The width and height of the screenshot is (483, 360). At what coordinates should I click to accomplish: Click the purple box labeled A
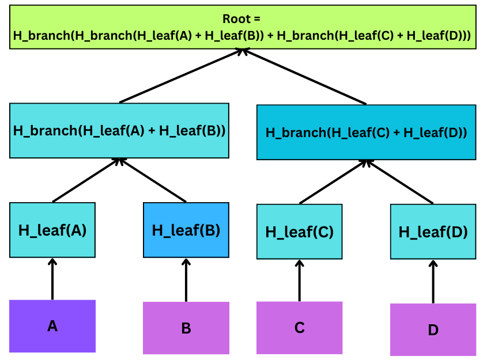pos(52,326)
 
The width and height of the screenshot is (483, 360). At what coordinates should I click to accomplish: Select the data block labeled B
pos(186,328)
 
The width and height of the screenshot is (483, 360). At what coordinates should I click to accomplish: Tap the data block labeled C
pos(299,328)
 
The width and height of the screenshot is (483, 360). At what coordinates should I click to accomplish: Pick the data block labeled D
pos(433,329)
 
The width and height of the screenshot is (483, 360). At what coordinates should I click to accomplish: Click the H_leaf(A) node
pos(52,230)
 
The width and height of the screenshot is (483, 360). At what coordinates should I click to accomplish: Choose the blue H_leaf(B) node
pos(186,230)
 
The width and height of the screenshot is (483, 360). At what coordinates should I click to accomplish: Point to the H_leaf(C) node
pos(299,232)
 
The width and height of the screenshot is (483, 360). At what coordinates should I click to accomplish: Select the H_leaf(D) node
pos(433,232)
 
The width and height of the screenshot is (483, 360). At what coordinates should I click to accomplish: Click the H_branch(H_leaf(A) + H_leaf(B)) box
pos(119,131)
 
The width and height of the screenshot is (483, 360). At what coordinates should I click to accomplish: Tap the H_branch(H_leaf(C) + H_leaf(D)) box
pos(366,132)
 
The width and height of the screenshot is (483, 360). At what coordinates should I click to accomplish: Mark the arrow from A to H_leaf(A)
pos(52,279)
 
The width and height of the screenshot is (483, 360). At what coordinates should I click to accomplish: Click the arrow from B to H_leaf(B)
pos(186,280)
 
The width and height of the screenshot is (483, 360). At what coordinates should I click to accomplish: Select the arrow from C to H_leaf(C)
pos(299,281)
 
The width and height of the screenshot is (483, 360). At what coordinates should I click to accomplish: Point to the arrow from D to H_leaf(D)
pos(433,282)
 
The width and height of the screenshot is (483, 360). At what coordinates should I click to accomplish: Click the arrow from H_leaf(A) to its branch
pos(86,180)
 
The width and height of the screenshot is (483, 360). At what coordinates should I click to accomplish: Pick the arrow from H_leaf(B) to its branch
pos(153,180)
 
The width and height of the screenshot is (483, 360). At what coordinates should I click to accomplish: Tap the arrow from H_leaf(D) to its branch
pos(400,181)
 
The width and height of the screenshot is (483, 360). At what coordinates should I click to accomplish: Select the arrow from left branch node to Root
pos(181,75)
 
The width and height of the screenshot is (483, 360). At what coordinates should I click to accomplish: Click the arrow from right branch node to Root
pos(304,77)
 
